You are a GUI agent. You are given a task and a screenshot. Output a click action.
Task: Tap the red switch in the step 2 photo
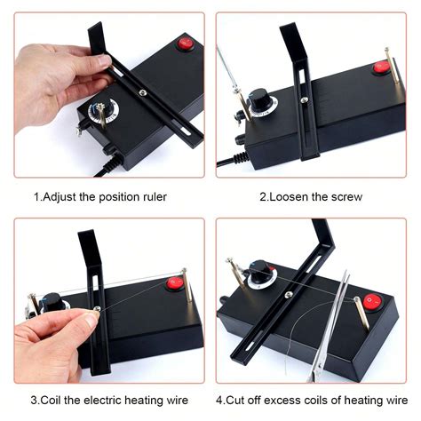[381, 66]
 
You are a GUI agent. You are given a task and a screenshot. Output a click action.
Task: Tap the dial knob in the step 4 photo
[263, 267]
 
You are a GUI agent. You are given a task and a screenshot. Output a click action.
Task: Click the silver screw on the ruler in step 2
[305, 99]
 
